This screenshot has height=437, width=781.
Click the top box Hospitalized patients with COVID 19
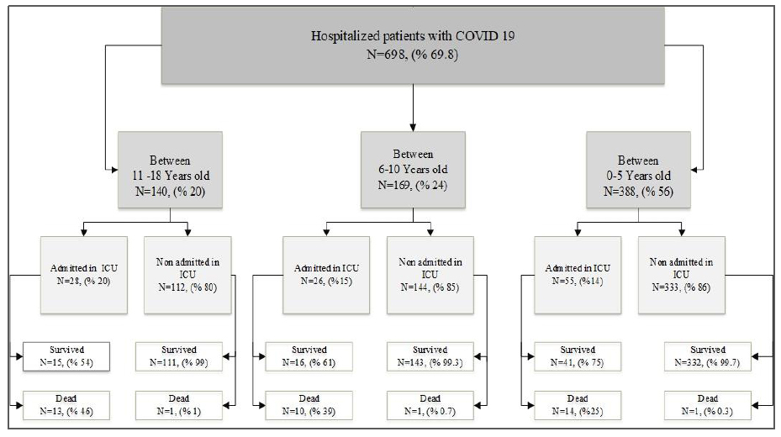pos(413,45)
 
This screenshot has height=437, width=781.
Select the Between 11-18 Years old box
pos(170,170)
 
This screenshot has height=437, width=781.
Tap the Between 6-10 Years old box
pos(413,170)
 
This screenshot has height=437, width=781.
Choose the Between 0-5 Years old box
pos(639,170)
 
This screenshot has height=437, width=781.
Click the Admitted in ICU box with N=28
pos(84,275)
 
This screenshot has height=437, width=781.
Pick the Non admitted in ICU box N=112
pos(187,275)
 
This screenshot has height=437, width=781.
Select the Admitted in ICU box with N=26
pos(326,275)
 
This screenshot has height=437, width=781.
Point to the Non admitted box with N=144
pos(430,275)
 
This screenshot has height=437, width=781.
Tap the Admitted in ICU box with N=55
pos(578,275)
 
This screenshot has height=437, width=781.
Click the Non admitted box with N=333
pos(682,275)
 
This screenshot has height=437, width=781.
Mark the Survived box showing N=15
pos(66,356)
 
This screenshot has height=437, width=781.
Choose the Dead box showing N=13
pos(66,405)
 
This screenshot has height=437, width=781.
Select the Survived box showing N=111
pos(179,356)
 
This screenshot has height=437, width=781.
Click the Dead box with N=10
pos(309,405)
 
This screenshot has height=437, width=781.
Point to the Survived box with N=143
pos(430,356)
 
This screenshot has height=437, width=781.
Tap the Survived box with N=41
pos(578,356)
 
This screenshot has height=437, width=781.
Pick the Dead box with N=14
pos(578,405)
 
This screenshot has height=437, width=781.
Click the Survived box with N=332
pos(708,356)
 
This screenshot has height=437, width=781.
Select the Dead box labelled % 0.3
pos(708,405)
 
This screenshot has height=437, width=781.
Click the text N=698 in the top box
pos(386,55)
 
